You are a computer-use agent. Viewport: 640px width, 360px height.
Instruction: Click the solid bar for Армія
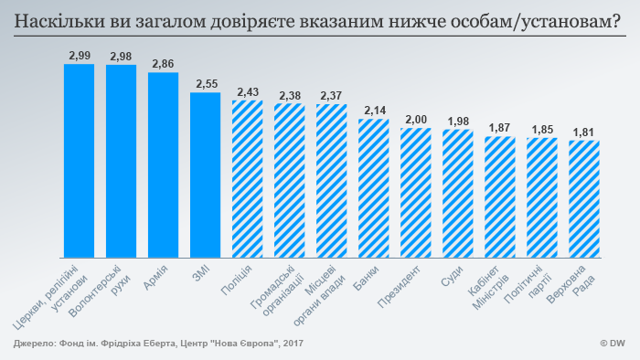163,164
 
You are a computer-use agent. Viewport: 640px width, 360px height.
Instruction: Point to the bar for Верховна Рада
583,198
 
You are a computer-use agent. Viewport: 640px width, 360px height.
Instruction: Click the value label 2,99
79,56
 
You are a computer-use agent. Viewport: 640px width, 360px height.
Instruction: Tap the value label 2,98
121,57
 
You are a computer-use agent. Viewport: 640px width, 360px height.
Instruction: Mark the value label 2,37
331,95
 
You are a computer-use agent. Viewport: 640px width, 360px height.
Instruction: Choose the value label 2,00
415,119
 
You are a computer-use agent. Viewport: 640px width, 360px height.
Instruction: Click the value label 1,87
499,127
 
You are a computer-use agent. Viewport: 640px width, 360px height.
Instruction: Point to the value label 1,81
583,132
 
